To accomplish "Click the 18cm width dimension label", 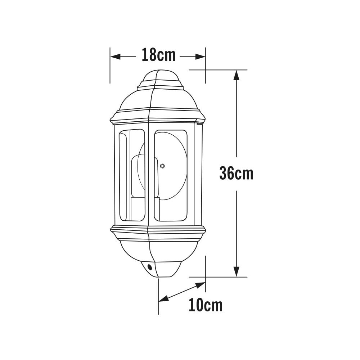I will (x=158, y=55).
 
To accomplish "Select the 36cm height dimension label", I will (x=236, y=174).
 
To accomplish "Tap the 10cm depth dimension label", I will (x=205, y=305).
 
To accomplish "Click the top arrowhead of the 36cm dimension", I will (x=236, y=75).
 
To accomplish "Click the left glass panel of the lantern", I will (x=132, y=175).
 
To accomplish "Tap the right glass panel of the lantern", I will (x=171, y=175).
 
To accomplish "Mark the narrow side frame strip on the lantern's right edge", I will (x=198, y=175).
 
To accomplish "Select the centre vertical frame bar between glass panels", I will (x=149, y=175).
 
